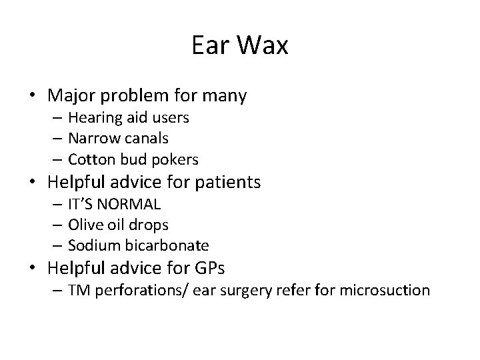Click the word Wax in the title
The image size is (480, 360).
[263, 46]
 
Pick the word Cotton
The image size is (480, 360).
[92, 159]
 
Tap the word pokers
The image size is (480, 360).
[175, 159]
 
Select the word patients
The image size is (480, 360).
[226, 181]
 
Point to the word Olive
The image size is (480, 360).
[85, 224]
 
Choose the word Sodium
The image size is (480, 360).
[93, 245]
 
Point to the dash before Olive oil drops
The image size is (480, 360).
[56, 225]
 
